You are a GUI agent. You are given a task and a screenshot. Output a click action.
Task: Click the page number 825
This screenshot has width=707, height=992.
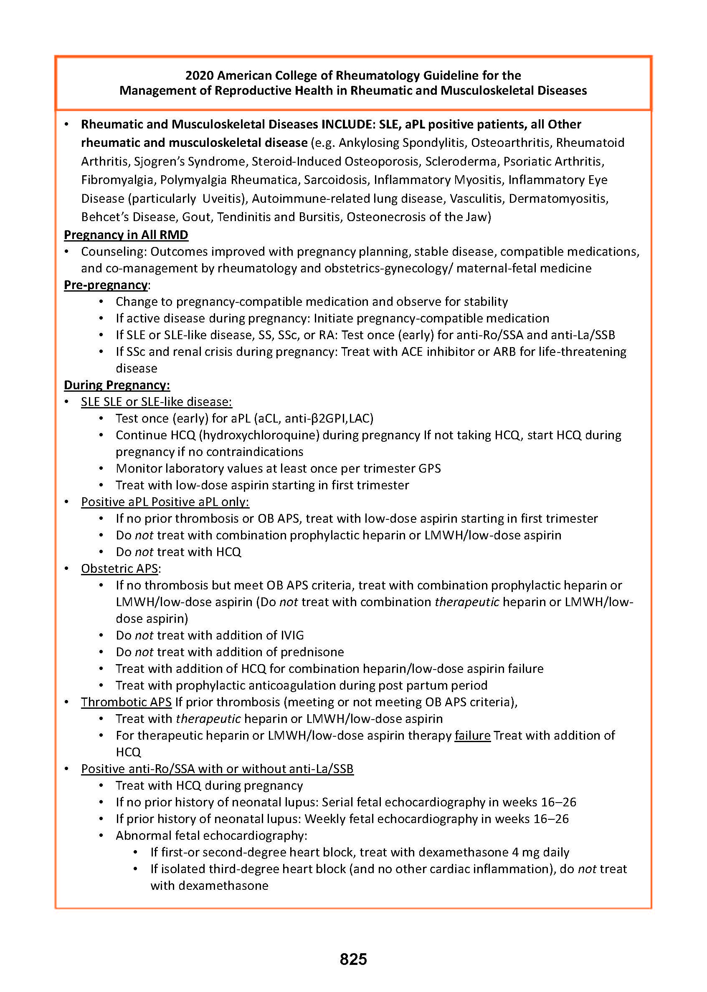(353, 959)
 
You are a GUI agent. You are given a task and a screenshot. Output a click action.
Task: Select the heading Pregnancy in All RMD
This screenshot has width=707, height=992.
(126, 235)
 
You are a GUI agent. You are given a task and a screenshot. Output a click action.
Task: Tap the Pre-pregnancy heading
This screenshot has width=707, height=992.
(106, 285)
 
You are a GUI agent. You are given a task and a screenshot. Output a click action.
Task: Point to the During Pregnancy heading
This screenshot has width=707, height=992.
(117, 385)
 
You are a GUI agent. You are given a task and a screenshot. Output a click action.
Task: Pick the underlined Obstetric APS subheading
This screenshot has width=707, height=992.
(119, 569)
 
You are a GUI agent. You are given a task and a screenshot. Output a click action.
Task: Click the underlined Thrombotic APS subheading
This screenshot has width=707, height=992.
(126, 702)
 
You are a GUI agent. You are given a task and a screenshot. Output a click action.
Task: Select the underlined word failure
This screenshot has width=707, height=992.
(472, 735)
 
